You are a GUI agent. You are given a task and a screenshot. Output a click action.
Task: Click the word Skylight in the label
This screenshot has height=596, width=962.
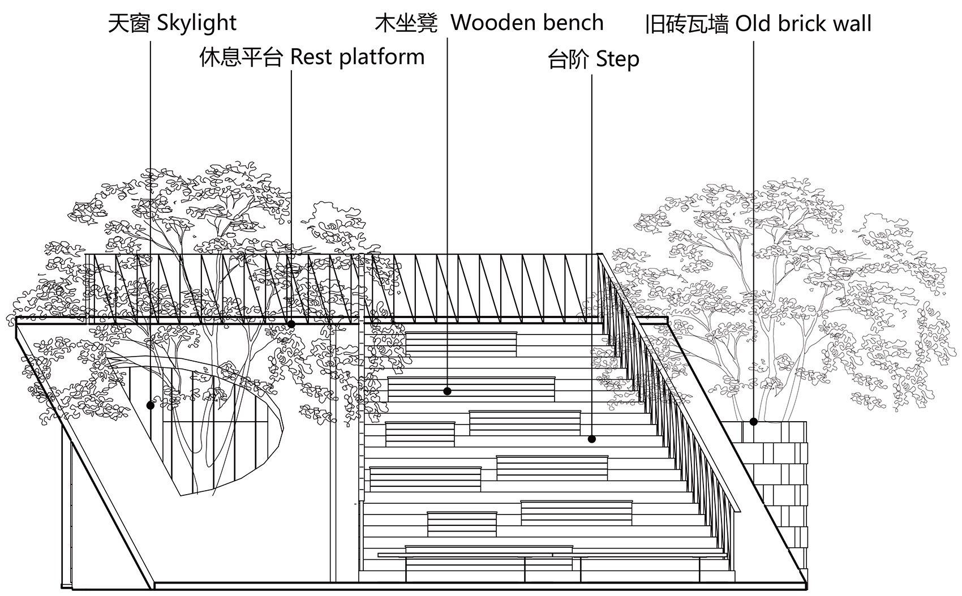pyautogui.click(x=196, y=24)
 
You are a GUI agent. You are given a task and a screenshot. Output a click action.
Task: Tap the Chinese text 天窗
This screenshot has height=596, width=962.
pyautogui.click(x=130, y=24)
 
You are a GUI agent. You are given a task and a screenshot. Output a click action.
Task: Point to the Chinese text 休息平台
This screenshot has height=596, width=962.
pyautogui.click(x=240, y=58)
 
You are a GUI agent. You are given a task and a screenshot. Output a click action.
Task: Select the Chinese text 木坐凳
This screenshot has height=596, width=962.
pyautogui.click(x=406, y=24)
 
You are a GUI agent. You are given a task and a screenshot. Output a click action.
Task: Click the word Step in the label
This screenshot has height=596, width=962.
pyautogui.click(x=618, y=59)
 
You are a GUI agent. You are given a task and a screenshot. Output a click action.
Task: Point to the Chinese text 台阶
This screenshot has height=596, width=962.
pyautogui.click(x=568, y=59)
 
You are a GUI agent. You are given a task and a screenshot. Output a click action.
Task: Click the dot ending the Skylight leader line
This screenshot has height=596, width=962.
pyautogui.click(x=151, y=405)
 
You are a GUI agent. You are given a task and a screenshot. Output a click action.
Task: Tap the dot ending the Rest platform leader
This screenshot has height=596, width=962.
pyautogui.click(x=291, y=324)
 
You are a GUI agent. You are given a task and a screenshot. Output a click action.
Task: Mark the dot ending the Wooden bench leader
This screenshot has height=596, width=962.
pyautogui.click(x=448, y=391)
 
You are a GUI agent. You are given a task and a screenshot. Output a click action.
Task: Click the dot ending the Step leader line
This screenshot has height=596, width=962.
pyautogui.click(x=592, y=439)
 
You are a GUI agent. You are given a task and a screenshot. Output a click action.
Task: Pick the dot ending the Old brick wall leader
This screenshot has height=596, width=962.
pyautogui.click(x=753, y=421)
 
